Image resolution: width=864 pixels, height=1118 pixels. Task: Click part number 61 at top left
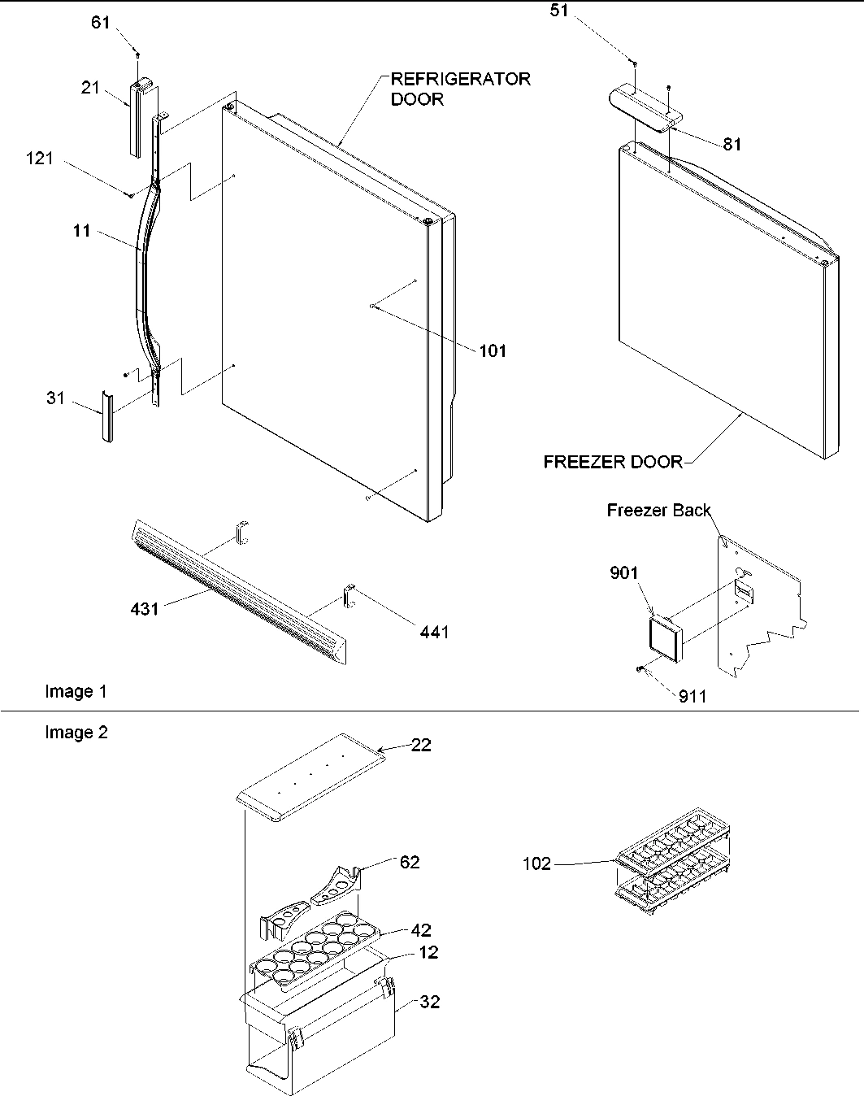[100, 23]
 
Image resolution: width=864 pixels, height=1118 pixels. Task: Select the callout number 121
[39, 159]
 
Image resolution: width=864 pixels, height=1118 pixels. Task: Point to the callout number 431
[144, 607]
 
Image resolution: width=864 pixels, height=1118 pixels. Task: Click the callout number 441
[434, 631]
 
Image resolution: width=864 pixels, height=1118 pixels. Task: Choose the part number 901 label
[624, 574]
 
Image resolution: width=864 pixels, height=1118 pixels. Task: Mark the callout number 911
[693, 696]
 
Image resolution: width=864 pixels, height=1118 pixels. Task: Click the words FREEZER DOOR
[613, 462]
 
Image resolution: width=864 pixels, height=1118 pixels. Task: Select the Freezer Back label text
[658, 511]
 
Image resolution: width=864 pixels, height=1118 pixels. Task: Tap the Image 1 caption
[76, 692]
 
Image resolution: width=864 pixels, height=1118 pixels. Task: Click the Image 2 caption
[76, 733]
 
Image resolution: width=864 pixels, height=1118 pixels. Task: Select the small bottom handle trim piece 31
[106, 415]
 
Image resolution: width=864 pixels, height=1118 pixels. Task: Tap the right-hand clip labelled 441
[348, 598]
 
